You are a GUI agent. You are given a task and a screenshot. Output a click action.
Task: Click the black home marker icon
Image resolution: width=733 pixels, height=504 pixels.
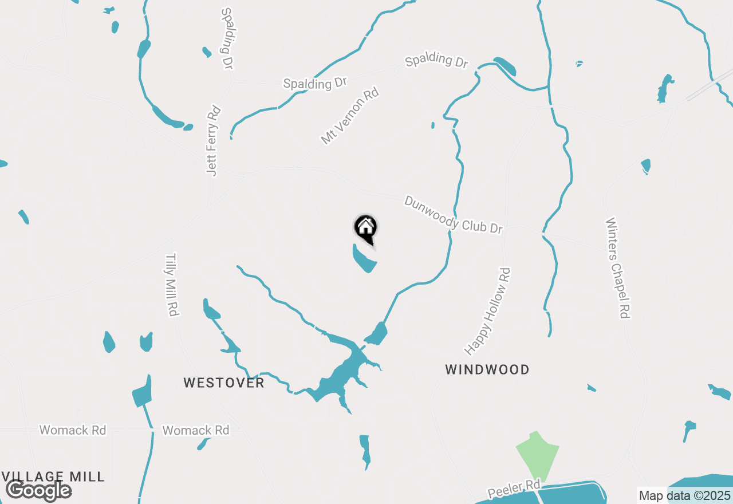pos(365,228)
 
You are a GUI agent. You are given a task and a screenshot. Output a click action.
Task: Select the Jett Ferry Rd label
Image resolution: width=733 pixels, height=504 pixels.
pos(214,140)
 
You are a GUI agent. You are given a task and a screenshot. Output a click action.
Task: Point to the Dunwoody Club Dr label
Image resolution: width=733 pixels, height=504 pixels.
pos(453,215)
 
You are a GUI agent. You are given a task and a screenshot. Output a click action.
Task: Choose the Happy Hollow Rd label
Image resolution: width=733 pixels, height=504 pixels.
pos(487,311)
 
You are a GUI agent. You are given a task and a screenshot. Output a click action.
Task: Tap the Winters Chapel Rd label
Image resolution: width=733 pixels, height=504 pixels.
pos(618,267)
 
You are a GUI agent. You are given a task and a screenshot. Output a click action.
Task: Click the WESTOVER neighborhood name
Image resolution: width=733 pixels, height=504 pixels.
pos(224,383)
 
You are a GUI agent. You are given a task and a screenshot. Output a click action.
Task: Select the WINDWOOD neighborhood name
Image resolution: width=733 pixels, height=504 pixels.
pos(487,369)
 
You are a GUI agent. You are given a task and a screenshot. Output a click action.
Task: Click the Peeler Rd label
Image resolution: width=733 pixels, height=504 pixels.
pos(514,490)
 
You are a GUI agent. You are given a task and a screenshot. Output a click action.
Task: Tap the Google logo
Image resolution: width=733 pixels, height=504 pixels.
pos(38,490)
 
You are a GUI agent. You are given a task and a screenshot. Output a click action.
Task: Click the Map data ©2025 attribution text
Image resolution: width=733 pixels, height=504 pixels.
pos(684,496)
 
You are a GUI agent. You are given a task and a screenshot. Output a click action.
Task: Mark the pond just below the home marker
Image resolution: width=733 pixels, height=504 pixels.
pos(364,259)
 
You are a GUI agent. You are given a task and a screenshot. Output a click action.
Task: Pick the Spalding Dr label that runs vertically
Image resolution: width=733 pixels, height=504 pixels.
pos(227,38)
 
